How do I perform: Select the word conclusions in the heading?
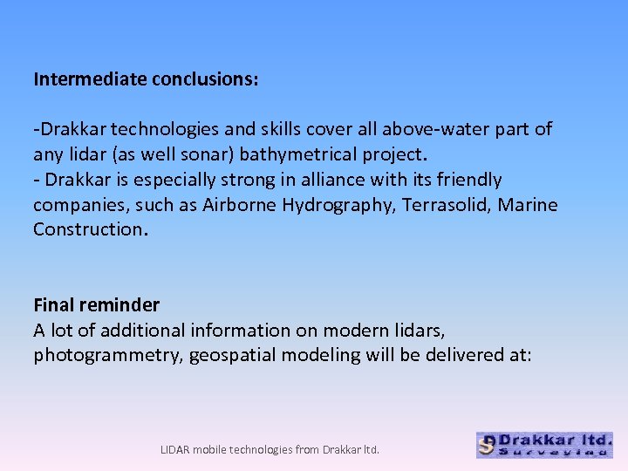coord(204,79)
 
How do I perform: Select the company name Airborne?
coord(240,205)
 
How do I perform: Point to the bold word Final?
coord(53,305)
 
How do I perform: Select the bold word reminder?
coord(119,305)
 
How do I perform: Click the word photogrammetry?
coord(104,355)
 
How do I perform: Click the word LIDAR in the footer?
coord(176,450)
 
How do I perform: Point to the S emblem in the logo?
coord(488,446)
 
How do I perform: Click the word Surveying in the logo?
coord(552,452)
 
